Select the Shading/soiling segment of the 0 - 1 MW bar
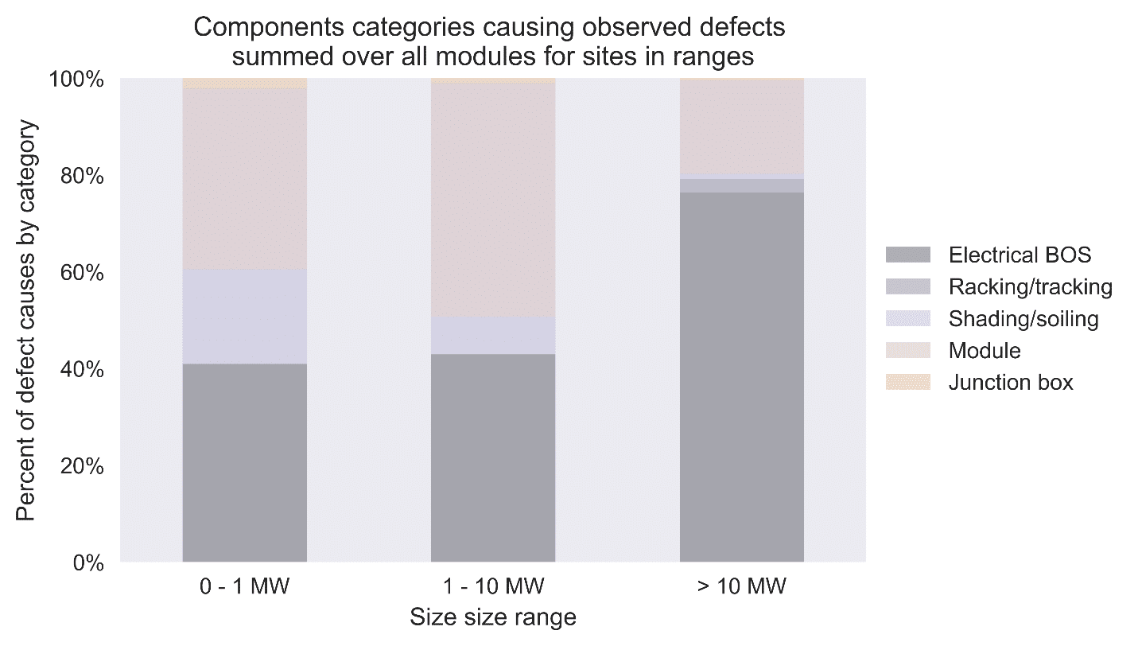point(245,317)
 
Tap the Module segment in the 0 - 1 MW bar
point(245,179)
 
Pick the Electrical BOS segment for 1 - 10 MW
point(493,458)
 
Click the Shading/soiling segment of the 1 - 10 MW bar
point(493,335)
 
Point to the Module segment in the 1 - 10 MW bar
point(493,199)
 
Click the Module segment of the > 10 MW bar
point(741,126)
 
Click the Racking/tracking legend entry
point(1030,287)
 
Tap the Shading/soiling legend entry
point(1023,319)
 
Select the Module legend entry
point(984,351)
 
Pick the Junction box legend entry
point(1010,383)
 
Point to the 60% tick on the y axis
point(82,273)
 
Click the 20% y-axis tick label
point(82,466)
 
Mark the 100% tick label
point(77,80)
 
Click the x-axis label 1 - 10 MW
point(493,588)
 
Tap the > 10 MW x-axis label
point(741,588)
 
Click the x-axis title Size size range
point(492,617)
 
